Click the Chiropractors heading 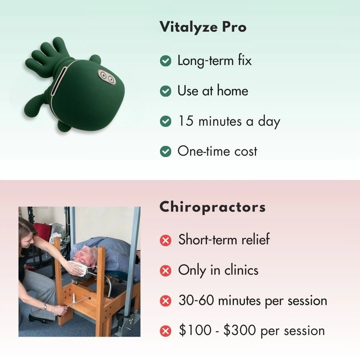coord(212,207)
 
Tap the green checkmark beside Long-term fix coord(165,61)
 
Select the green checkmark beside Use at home coord(165,91)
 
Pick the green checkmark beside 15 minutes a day coord(165,121)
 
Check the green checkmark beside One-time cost coord(165,151)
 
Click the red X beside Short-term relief coord(165,240)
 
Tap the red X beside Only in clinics coord(165,270)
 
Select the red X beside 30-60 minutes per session coord(165,301)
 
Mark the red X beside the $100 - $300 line coord(165,331)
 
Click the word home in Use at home coord(233,91)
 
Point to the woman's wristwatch coord(45,307)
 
